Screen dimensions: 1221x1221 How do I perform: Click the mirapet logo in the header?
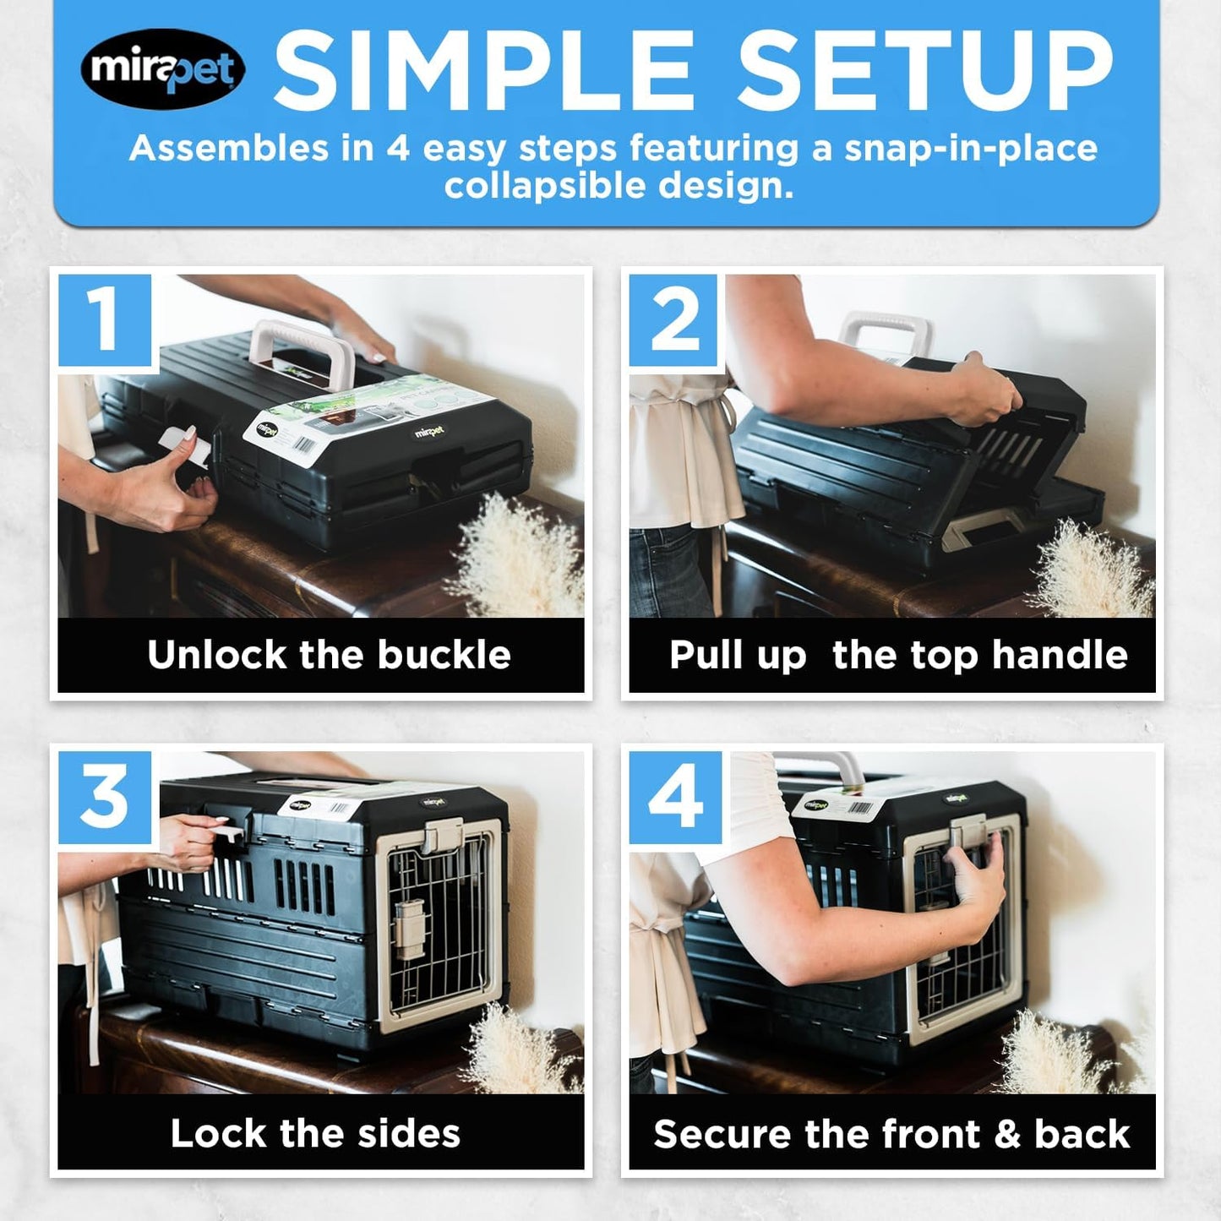click(162, 68)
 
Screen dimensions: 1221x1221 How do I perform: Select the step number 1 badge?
click(105, 320)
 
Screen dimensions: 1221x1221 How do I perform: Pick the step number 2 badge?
click(675, 320)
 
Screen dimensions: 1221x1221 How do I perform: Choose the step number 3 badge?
click(105, 798)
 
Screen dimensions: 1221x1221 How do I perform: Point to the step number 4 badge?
click(675, 798)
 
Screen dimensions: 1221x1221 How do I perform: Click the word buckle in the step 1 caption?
click(444, 655)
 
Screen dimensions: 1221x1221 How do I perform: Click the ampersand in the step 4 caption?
click(1007, 1134)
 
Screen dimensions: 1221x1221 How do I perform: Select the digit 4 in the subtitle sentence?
click(398, 149)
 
